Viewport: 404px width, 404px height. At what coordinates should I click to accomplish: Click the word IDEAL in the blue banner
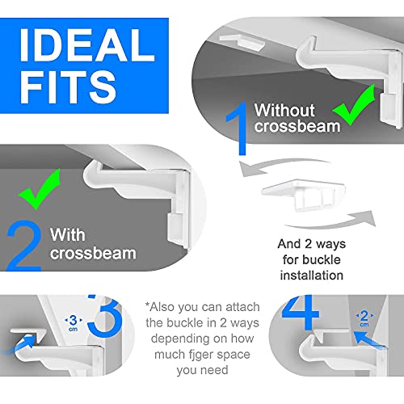pos(87,45)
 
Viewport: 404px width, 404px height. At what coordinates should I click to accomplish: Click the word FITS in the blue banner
pos(68,87)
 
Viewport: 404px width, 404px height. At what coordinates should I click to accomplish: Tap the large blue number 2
pos(24,246)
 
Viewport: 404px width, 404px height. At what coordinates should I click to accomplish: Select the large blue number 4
pos(301,313)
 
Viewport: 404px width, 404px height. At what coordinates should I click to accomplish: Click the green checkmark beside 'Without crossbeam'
pos(355,105)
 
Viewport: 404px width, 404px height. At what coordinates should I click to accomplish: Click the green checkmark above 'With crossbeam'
pos(40,189)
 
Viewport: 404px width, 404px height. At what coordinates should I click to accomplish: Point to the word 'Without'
pos(284,111)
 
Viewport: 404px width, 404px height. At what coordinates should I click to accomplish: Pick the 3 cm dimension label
pos(74,323)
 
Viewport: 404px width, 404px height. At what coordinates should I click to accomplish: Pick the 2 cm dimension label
pos(364,318)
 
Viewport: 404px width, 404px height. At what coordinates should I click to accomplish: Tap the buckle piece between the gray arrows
pos(303,195)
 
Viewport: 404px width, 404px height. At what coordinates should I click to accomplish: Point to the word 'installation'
pos(312,276)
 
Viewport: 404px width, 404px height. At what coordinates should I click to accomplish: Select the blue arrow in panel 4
pos(369,340)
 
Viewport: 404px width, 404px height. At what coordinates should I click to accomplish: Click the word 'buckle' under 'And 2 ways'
pos(322,259)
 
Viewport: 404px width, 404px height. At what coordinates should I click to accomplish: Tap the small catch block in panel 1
pos(242,42)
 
